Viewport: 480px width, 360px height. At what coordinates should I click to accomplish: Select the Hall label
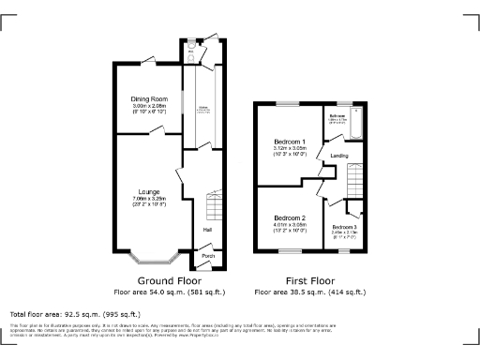coord(206,230)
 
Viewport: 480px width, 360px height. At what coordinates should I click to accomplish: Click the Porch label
coord(208,255)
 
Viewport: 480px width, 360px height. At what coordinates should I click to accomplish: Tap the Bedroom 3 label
coord(344,227)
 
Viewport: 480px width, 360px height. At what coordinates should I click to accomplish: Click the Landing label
coord(339,156)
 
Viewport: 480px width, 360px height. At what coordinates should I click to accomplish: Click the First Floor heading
coord(309,280)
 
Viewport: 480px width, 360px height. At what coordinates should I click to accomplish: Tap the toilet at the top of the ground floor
coord(190,54)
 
